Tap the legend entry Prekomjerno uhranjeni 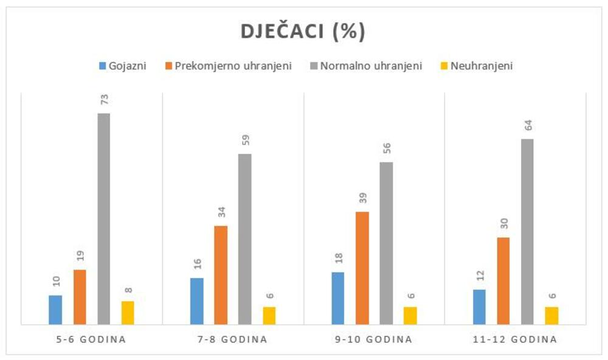pos(228,66)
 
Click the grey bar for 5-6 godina pos(103,219)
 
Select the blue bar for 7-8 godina pos(197,301)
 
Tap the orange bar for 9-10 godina pos(362,268)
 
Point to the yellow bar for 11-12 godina pos(551,316)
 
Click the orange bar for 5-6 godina pos(80,297)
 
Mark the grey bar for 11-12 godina pos(527,232)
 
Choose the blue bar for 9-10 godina pos(338,298)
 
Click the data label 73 pos(103,100)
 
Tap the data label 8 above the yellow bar pos(128,290)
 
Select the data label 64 pos(527,126)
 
